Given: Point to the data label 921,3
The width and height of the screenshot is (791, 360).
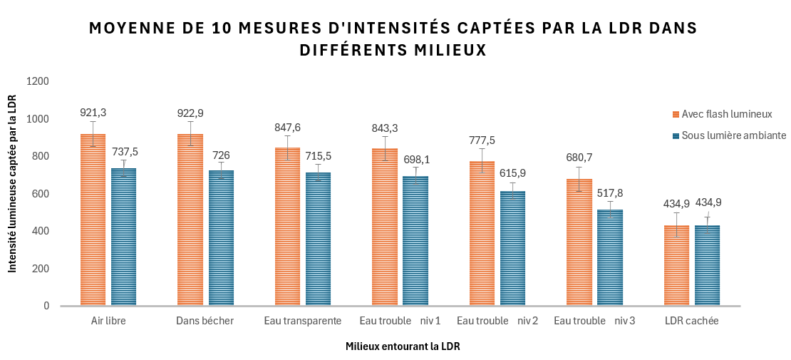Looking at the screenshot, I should tap(93, 113).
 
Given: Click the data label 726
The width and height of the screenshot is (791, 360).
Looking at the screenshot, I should tap(221, 155).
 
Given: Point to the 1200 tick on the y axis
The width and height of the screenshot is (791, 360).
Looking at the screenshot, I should tap(37, 81).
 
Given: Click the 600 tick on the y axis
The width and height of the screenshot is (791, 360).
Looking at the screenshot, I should tap(40, 194).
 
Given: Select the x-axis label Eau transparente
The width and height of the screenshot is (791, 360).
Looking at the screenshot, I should tap(303, 321).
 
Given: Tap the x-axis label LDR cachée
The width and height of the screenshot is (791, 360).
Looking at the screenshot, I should tap(691, 321).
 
